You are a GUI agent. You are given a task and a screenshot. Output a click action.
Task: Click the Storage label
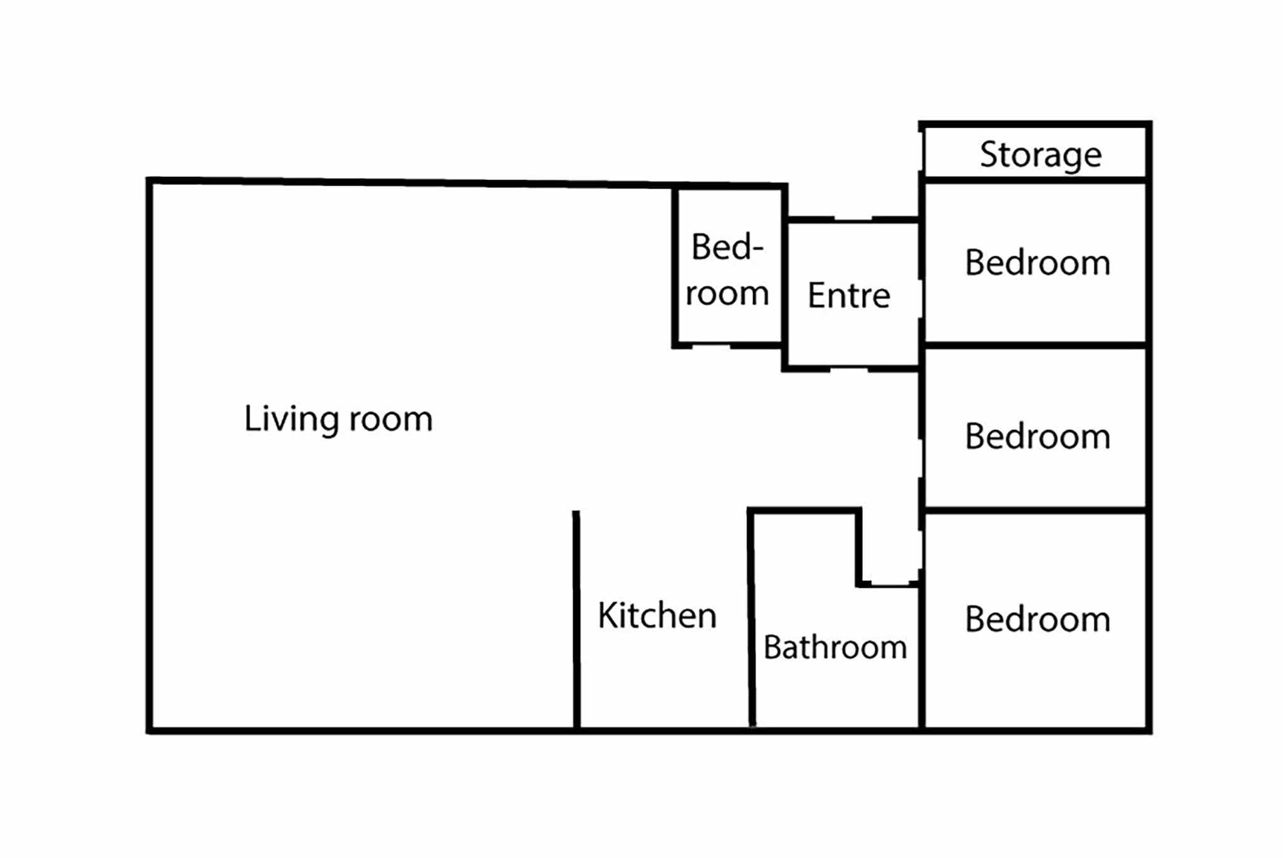point(1041,155)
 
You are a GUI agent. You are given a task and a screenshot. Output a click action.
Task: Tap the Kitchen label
point(657,615)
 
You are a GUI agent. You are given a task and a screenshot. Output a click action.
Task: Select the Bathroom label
point(835,647)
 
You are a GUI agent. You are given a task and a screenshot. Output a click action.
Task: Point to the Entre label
point(849,295)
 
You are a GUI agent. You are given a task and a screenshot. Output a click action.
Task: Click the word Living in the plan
point(291,419)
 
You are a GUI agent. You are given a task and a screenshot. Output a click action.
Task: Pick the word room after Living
point(391,420)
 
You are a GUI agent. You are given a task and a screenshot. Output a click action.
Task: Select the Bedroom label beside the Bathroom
point(1037,619)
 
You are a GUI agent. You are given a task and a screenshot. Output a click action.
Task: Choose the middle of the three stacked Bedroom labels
point(1037,436)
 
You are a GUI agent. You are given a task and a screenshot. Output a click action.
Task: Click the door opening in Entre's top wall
point(853,219)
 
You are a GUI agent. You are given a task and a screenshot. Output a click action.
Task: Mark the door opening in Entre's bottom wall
point(849,369)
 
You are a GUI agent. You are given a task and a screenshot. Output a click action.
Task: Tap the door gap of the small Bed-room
point(711,345)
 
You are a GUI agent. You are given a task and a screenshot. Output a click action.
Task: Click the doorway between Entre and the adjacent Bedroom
point(922,299)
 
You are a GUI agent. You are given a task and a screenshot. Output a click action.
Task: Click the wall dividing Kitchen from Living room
point(576,620)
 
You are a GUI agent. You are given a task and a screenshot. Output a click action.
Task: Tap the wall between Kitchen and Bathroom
point(751,619)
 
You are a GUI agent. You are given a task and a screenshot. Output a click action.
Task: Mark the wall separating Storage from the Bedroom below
point(1036,180)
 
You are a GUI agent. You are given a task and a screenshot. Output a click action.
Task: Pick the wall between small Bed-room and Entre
point(784,277)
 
